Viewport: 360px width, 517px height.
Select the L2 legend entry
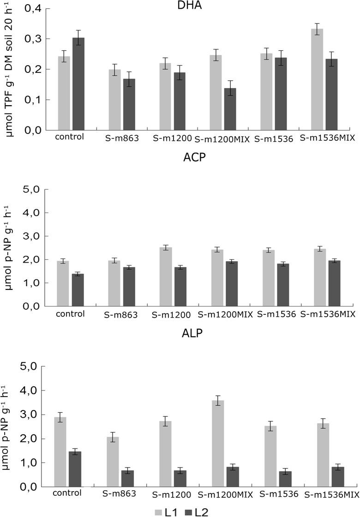tap(197, 511)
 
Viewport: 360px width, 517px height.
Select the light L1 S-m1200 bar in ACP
tap(165, 277)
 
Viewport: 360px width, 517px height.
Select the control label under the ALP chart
tap(67, 493)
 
